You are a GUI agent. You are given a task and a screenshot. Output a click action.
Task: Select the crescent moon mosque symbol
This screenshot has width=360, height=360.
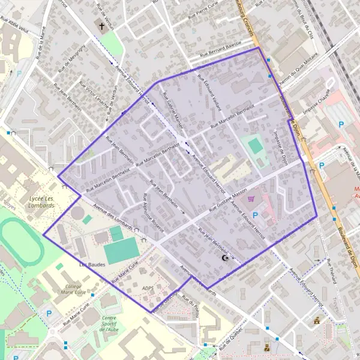point(226,258)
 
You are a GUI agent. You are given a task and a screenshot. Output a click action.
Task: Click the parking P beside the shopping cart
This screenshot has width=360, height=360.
point(255,215)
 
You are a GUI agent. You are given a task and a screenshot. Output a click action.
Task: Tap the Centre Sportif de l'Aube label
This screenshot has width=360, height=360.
point(109,325)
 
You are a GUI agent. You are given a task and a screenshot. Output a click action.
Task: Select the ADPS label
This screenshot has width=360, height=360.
point(148,289)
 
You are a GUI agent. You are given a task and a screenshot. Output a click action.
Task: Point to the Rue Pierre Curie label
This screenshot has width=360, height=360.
point(208,12)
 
